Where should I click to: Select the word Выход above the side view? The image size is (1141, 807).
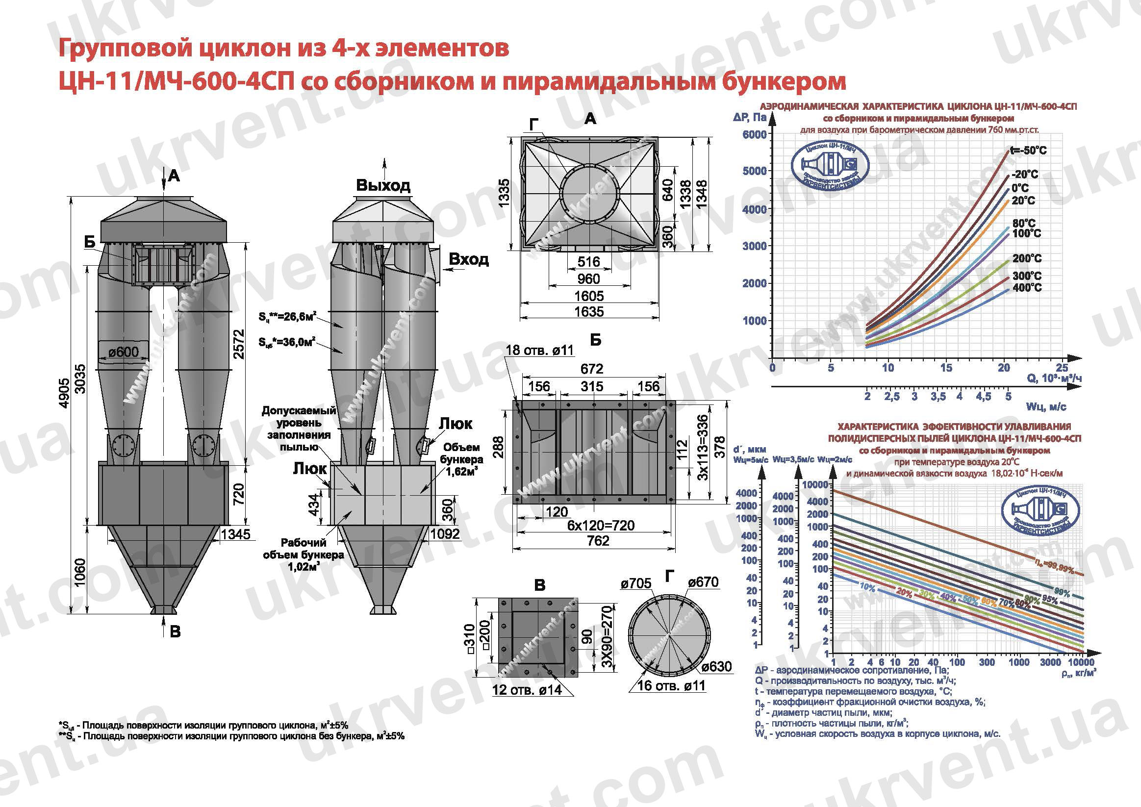click(383, 185)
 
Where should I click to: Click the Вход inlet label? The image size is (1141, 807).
click(469, 259)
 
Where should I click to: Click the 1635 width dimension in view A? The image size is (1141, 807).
click(589, 311)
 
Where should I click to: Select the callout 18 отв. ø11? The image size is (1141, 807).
click(540, 350)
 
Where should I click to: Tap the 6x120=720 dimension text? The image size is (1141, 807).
click(601, 525)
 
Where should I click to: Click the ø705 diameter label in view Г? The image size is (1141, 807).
click(635, 583)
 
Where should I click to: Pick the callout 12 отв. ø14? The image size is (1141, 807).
click(527, 690)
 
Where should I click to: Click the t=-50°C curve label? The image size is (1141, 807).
click(1028, 151)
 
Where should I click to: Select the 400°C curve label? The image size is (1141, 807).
click(1027, 287)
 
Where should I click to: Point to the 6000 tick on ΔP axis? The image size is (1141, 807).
click(754, 134)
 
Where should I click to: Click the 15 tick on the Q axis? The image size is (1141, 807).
click(946, 368)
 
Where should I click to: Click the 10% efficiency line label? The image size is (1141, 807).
click(867, 587)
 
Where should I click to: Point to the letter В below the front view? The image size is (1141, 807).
click(175, 631)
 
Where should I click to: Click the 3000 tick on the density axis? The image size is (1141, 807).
click(1050, 662)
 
